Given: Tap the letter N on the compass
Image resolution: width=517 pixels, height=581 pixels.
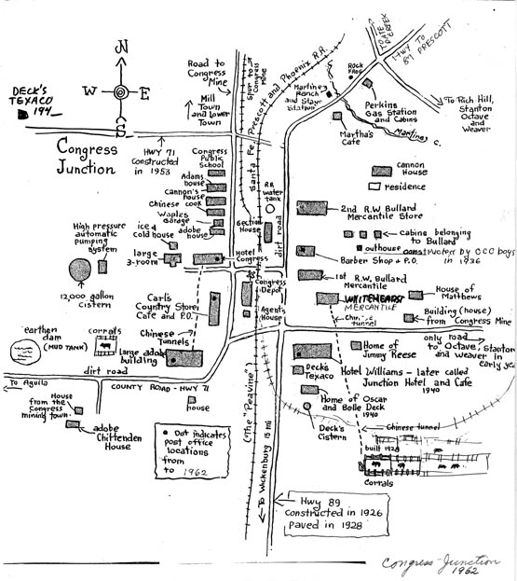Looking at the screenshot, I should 120,48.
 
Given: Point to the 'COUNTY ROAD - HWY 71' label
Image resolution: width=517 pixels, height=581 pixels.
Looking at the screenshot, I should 162,384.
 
